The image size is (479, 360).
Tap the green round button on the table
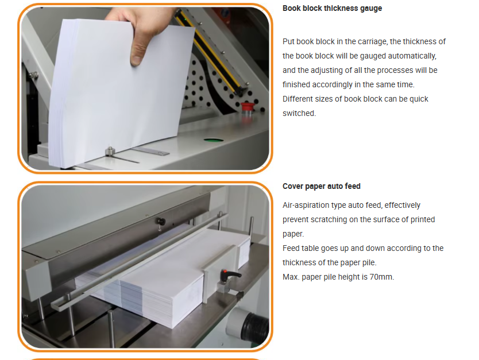(214, 140)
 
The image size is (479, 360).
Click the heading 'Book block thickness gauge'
(332, 8)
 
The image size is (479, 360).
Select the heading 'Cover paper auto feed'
(322, 186)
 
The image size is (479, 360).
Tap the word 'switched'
(299, 113)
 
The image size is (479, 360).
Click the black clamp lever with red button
(230, 275)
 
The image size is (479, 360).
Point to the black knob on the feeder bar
(160, 222)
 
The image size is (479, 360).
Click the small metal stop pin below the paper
(110, 151)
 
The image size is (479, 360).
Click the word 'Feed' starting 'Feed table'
(291, 248)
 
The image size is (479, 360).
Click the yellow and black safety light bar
(210, 52)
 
